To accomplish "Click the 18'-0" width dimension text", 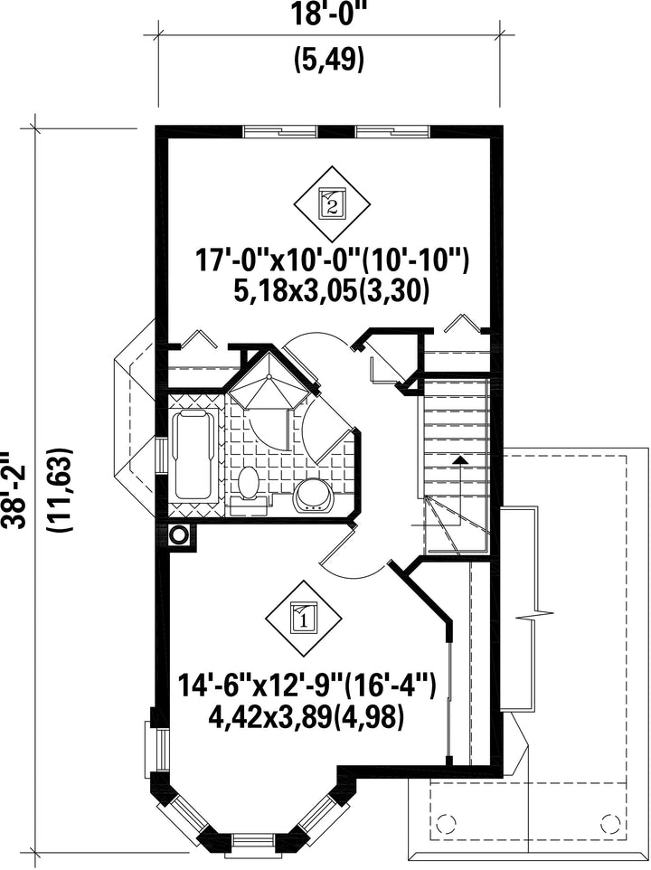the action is coord(329,14).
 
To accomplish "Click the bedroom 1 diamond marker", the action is coord(304,617).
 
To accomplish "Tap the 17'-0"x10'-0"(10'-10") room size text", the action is coord(332,260).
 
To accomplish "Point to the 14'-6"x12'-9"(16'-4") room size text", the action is coord(307,685).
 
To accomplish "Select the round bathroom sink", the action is coord(314,494).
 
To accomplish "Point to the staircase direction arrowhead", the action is coord(459,459).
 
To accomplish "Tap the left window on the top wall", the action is coord(280,131).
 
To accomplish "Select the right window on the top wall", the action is coord(392,131).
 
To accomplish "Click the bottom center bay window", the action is coord(254,839).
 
